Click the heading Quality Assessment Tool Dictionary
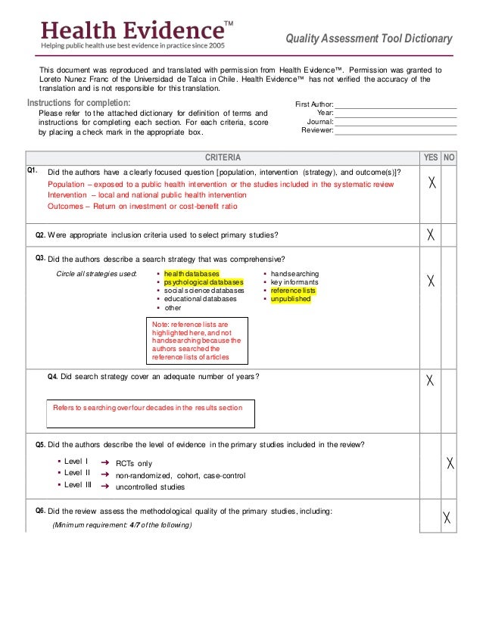(x=369, y=39)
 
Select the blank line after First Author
(x=395, y=104)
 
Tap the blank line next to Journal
(x=395, y=121)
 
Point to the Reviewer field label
(x=317, y=130)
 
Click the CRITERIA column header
(x=223, y=157)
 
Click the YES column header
(x=430, y=157)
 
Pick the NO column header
(x=449, y=157)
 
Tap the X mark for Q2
(x=431, y=235)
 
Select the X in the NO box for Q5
(x=450, y=462)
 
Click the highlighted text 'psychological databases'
(x=204, y=282)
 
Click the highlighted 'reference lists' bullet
(x=294, y=291)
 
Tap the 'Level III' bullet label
(x=77, y=485)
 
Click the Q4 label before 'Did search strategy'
(x=52, y=376)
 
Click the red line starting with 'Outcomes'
(x=142, y=206)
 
